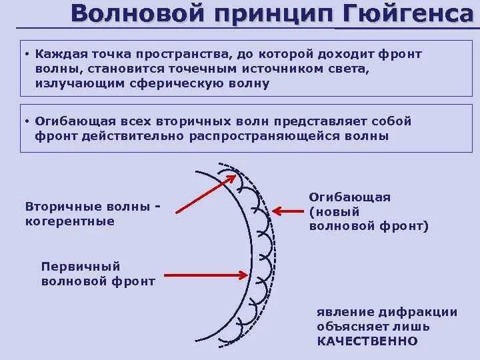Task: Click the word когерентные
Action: (69, 221)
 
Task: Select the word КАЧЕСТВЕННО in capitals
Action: (367, 341)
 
